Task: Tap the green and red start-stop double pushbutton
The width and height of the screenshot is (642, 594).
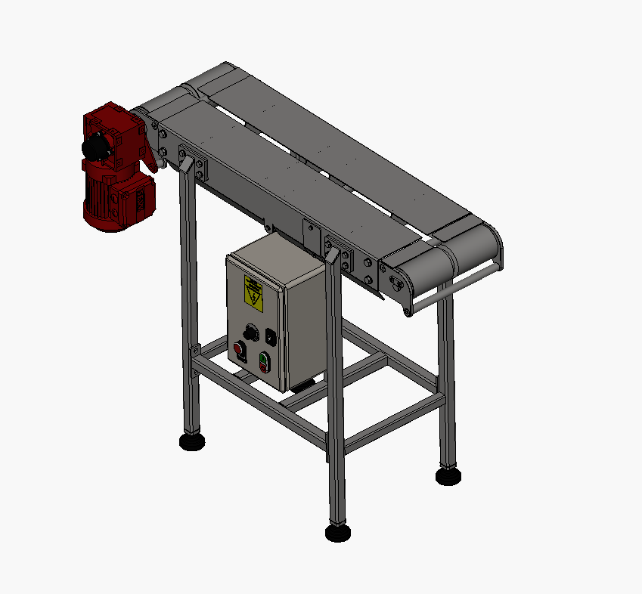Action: pyautogui.click(x=264, y=362)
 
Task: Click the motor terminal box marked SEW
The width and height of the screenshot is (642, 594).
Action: pyautogui.click(x=142, y=199)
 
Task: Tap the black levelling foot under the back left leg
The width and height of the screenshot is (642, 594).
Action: pyautogui.click(x=192, y=441)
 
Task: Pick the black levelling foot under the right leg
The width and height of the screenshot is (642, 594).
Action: pyautogui.click(x=448, y=475)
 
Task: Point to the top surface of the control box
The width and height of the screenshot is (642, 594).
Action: pyautogui.click(x=276, y=253)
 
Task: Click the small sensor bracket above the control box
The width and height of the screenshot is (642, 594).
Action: pyautogui.click(x=309, y=234)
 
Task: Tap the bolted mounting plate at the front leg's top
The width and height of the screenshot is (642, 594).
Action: pyautogui.click(x=339, y=255)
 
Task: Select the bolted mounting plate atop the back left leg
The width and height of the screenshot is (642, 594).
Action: pyautogui.click(x=192, y=162)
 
